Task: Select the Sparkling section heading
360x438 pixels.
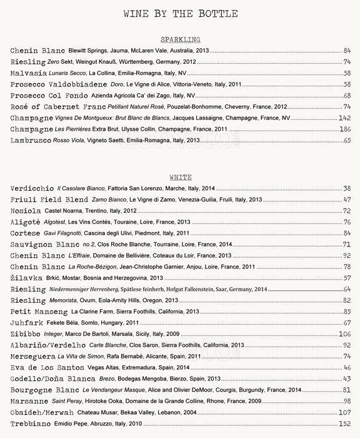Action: point(180,38)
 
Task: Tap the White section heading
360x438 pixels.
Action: point(180,177)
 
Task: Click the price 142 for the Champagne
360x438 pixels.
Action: point(344,118)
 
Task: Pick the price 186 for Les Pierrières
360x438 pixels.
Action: point(344,130)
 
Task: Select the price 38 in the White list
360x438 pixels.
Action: point(347,188)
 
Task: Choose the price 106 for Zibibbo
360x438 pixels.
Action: point(345,335)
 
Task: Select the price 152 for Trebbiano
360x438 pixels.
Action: point(345,424)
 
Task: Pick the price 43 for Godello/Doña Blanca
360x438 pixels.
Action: point(347,379)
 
